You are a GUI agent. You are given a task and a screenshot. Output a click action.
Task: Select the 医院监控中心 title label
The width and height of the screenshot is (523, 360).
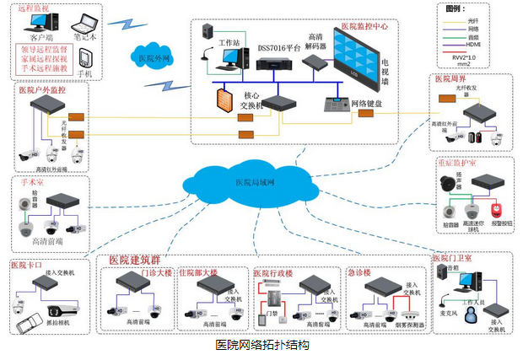coord(364,27)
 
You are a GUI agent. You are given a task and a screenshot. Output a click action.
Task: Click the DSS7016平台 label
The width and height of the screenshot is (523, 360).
coord(278,47)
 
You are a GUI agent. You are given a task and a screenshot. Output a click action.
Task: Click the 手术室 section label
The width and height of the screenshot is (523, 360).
coord(35,181)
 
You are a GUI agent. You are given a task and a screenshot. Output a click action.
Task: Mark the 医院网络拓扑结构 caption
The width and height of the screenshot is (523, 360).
coord(261,346)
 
